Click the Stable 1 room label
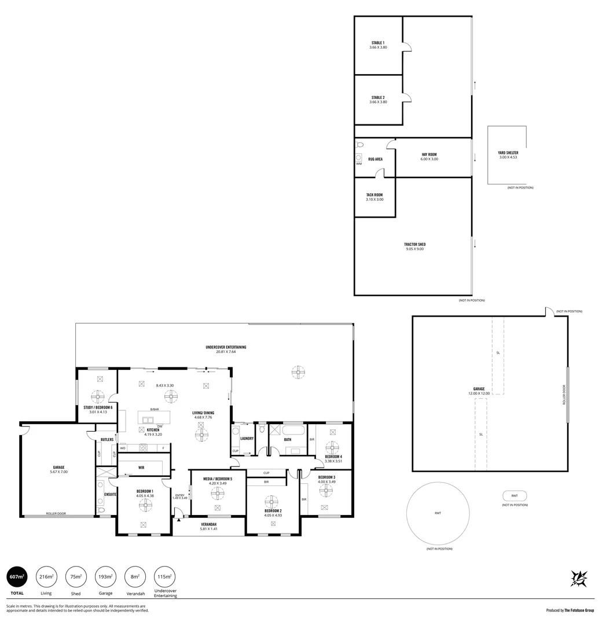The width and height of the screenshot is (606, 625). pos(378,43)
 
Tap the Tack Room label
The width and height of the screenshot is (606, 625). pos(374,195)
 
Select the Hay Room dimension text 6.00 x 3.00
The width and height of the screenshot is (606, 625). pos(429,159)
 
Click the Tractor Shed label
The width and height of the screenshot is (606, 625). pos(414,244)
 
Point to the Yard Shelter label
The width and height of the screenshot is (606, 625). pos(508,153)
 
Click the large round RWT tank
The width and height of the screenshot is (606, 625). pos(438,513)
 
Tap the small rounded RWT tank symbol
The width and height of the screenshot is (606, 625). pos(515,496)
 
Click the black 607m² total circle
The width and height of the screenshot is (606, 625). pos(17,577)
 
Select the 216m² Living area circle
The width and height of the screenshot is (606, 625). pos(46,577)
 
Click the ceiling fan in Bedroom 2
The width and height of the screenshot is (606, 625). pos(272,501)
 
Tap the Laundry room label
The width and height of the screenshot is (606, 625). pos(247,439)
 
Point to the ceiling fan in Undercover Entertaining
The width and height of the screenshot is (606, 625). pos(298,373)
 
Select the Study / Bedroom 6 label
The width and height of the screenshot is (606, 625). pos(98,407)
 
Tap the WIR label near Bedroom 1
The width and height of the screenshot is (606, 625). pos(141,467)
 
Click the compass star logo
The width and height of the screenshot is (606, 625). pos(579,579)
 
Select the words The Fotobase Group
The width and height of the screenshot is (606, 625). pos(579,610)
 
